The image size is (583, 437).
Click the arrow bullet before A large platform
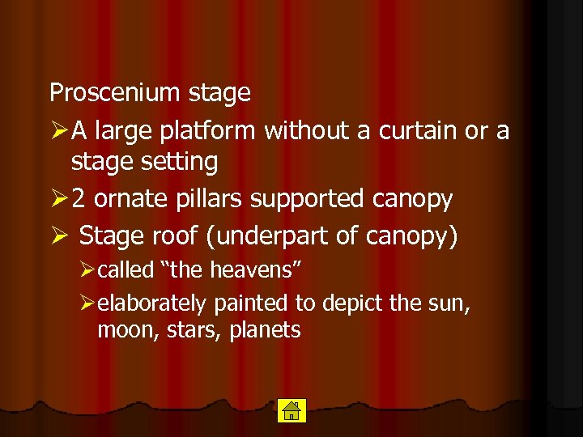[x=57, y=129]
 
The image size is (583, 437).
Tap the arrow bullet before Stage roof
[x=57, y=235]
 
